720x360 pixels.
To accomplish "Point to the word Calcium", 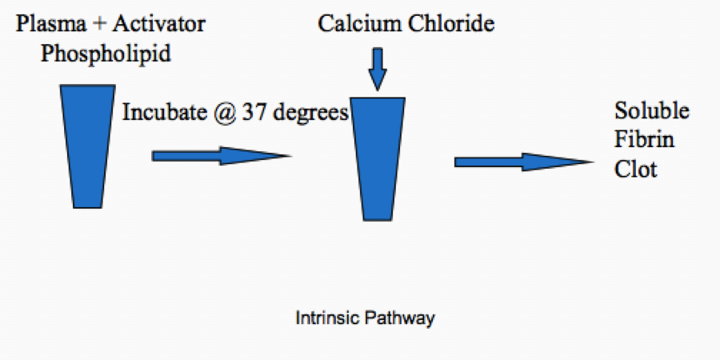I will pos(357,24).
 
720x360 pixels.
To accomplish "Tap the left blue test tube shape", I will pos(86,147).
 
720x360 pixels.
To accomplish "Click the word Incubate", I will pos(163,113).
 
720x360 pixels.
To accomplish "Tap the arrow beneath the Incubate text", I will pos(221,156).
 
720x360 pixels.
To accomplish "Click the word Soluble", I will pos(651,110).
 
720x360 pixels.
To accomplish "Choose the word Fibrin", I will pos(644,140).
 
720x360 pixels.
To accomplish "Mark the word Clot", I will pos(636,170).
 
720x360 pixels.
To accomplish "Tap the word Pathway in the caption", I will pos(402,318).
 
